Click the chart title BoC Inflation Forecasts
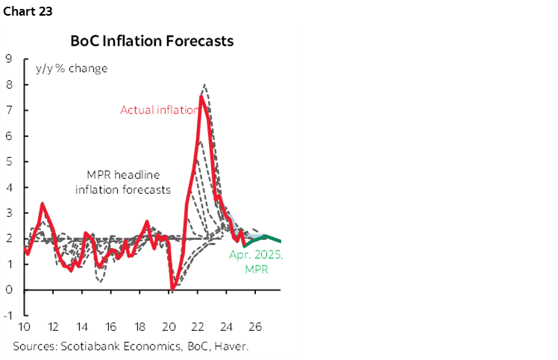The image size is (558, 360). click(151, 41)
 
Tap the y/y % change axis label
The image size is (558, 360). click(72, 69)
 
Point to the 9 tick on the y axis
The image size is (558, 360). click(9, 58)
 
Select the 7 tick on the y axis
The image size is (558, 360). click(9, 110)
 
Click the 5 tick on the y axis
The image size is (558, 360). click(9, 162)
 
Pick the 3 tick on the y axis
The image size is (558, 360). click(9, 213)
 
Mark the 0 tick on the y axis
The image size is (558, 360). click(9, 290)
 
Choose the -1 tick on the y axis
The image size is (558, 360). click(7, 316)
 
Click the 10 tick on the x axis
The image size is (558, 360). click(24, 326)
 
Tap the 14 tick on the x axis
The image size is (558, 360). click(82, 326)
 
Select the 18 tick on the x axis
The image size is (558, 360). click(139, 326)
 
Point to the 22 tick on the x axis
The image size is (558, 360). click(198, 326)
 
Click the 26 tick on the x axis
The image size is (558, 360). click(255, 326)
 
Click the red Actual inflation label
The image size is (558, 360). click(160, 110)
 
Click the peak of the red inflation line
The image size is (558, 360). click(201, 96)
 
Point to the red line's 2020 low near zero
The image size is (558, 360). click(172, 288)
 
